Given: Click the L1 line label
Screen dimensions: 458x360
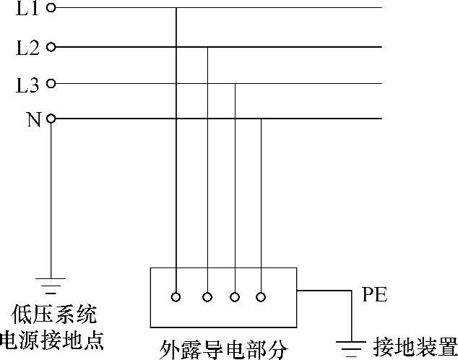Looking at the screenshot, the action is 26,9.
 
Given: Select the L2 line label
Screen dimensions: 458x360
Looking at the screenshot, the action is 27,48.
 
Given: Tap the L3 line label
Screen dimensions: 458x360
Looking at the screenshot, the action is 27,85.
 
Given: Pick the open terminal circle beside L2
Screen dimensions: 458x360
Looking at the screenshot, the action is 51,47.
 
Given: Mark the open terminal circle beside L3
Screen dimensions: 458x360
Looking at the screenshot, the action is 51,84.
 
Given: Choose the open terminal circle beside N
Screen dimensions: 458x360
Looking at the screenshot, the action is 51,119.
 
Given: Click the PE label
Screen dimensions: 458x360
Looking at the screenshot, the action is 374,294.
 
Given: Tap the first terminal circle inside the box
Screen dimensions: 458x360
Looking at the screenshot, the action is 176,296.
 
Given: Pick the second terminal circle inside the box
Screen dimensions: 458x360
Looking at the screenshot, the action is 207,296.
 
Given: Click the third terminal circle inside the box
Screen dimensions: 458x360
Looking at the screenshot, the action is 235,296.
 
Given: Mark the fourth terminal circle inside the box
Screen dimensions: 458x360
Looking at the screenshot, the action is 261,296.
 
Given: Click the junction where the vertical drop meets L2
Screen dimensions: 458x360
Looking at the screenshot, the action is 207,47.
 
